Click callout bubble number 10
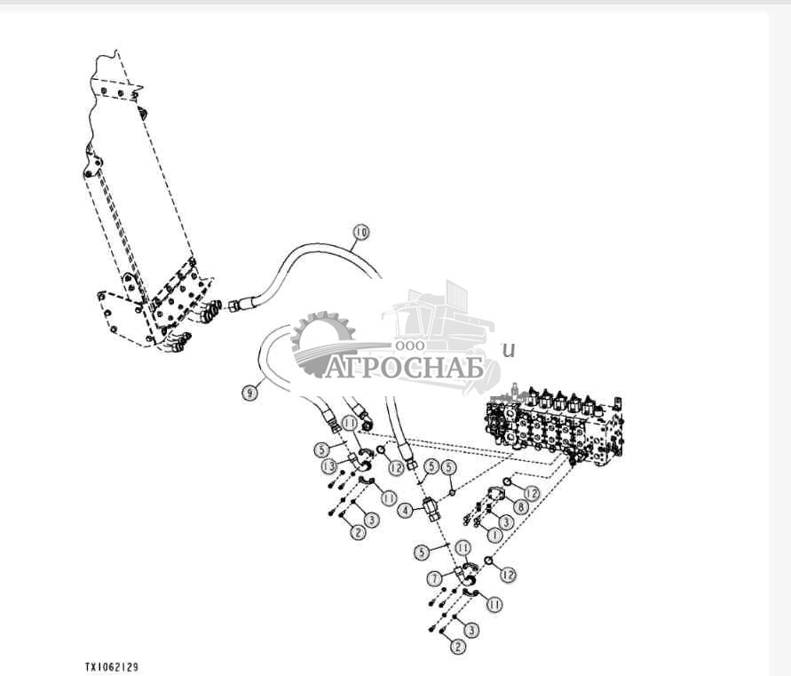(x=360, y=232)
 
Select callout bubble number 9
(x=249, y=393)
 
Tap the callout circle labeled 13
(x=328, y=466)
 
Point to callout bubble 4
(x=406, y=511)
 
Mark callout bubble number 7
(x=435, y=578)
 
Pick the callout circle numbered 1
(x=494, y=535)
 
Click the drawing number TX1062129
(x=112, y=667)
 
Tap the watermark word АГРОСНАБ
(x=404, y=367)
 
